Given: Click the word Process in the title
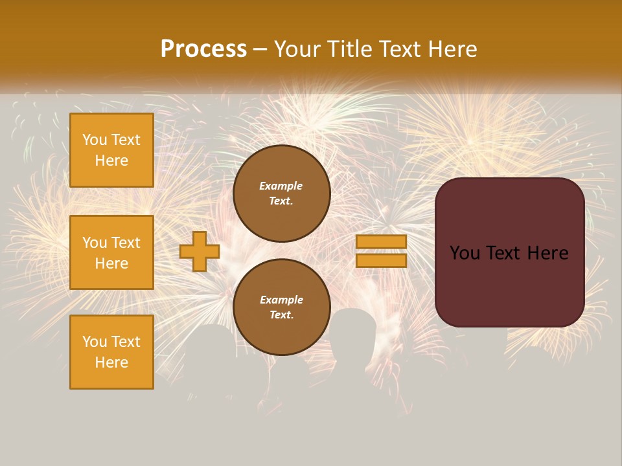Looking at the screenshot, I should (203, 49).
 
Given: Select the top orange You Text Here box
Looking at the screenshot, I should (111, 150).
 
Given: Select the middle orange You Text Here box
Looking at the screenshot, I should (111, 252).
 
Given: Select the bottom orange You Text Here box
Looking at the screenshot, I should (111, 352).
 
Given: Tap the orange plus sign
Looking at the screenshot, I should (200, 252).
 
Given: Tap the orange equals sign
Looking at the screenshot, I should (381, 251).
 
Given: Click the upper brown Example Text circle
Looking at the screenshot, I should (281, 193).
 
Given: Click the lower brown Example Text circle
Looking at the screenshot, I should (281, 307).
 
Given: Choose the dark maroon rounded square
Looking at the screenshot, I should (509, 252).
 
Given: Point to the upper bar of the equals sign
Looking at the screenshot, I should (381, 242).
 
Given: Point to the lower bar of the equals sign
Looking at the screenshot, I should (381, 260).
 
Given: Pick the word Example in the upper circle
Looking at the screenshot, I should (281, 186).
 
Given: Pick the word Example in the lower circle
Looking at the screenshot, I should (281, 300).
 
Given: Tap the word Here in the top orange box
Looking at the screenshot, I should (111, 161).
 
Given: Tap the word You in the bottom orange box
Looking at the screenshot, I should (95, 342).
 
